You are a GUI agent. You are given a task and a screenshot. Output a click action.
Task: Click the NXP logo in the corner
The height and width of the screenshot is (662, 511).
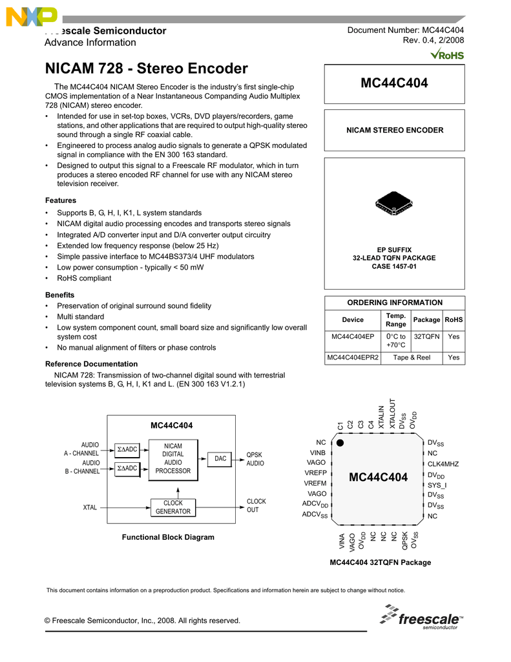point(30,17)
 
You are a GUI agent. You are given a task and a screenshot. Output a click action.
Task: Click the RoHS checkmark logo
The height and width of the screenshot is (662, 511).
point(446,54)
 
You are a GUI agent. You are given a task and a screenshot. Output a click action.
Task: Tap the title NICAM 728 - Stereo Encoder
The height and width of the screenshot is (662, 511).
point(147,69)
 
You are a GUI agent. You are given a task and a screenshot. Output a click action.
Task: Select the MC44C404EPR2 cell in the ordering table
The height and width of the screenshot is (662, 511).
point(353,357)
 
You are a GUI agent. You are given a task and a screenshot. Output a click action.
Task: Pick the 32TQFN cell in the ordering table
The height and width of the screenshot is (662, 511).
point(426,336)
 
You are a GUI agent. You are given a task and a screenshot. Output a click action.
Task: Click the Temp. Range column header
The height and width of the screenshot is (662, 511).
point(395,319)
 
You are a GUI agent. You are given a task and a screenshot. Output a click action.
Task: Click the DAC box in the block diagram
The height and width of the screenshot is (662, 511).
point(220,458)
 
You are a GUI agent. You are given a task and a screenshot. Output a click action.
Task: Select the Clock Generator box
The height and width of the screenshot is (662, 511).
point(172,507)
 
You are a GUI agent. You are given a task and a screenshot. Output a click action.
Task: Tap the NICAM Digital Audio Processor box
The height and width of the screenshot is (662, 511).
point(172,458)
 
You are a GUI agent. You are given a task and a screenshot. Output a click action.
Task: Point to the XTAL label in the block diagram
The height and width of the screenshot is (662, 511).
point(90,507)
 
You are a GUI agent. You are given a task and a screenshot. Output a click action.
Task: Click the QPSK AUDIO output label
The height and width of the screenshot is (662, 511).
point(255,459)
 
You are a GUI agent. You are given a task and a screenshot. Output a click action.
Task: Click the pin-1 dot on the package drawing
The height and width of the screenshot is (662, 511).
point(340,443)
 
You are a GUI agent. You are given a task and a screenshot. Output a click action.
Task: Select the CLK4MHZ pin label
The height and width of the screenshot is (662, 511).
point(443,464)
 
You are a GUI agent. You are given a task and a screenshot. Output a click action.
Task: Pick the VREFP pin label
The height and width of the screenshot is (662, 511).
point(315,473)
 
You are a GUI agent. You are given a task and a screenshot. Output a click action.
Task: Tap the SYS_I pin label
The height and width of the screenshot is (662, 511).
point(437,485)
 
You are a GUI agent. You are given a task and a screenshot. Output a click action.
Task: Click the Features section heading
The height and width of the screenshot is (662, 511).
point(60,200)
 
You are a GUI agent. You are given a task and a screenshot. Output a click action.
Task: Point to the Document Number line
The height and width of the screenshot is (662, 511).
point(406,30)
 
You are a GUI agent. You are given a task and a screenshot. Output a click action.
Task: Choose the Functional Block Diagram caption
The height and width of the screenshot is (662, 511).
point(168,537)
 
